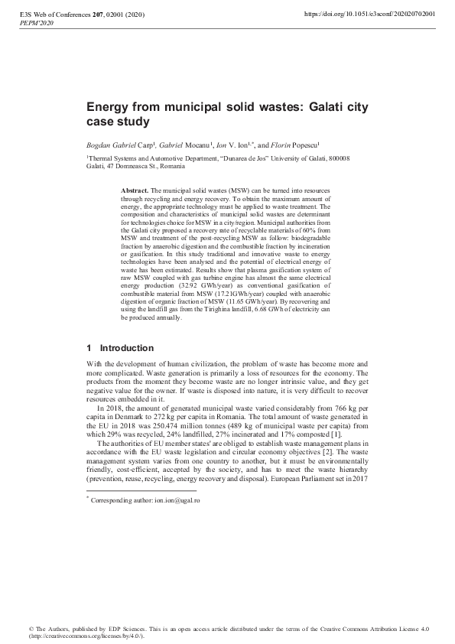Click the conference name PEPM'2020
[36, 24]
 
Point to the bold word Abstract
[135, 189]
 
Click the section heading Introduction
[127, 348]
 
